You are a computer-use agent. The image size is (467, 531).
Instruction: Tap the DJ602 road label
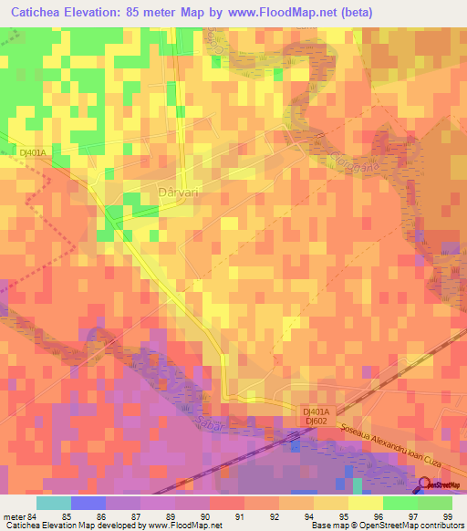pos(317,421)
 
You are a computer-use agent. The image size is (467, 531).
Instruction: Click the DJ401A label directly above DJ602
pos(317,411)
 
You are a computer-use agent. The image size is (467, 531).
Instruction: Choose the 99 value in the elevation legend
pos(447,515)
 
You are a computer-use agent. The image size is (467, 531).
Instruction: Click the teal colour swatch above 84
pos(53,502)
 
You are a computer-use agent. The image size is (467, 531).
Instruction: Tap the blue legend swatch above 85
pos(88,502)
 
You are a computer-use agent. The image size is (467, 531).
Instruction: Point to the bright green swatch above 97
pos(400,502)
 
